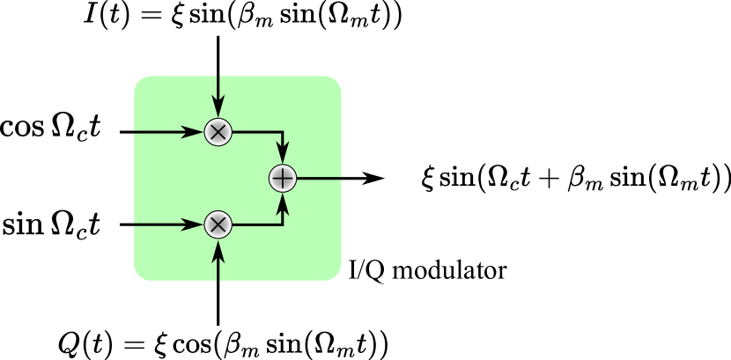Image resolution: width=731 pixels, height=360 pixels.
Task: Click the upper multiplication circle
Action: point(218,132)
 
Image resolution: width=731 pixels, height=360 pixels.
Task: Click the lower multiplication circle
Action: point(218,224)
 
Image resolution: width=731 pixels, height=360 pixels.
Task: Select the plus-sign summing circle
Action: point(282,179)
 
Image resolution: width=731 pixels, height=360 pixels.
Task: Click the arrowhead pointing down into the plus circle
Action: point(282,156)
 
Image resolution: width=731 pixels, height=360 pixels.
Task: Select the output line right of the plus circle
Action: point(319,179)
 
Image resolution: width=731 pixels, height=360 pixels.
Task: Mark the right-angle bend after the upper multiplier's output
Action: point(282,132)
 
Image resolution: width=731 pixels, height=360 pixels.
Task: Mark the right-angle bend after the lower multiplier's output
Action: point(282,224)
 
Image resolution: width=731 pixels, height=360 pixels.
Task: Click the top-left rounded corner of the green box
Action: point(140,82)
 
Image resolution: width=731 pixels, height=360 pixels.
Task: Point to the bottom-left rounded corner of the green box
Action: point(140,275)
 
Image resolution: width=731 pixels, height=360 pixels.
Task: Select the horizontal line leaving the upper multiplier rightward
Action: point(255,132)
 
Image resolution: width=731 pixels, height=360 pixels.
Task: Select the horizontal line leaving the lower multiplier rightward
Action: point(255,224)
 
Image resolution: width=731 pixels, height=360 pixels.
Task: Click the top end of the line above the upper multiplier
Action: point(218,77)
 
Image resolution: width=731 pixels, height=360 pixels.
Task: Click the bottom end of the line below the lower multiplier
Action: point(218,279)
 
